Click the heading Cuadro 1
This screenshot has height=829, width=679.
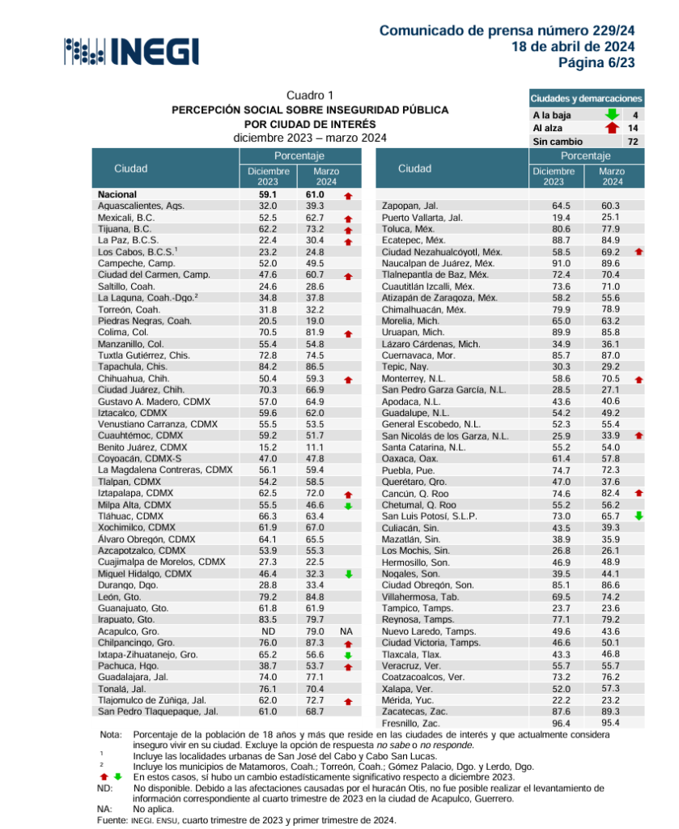tap(310, 96)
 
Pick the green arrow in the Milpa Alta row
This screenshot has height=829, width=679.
tap(348, 506)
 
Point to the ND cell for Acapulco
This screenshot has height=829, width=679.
tap(268, 631)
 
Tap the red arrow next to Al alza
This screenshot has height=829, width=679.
tap(612, 128)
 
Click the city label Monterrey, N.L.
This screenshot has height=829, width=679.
tap(415, 378)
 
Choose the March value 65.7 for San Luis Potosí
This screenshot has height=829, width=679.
tap(609, 515)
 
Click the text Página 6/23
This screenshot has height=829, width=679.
tap(596, 62)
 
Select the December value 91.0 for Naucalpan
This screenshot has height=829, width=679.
tap(554, 264)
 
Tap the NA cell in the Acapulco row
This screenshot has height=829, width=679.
tap(347, 631)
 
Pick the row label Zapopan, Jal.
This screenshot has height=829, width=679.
tap(410, 206)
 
